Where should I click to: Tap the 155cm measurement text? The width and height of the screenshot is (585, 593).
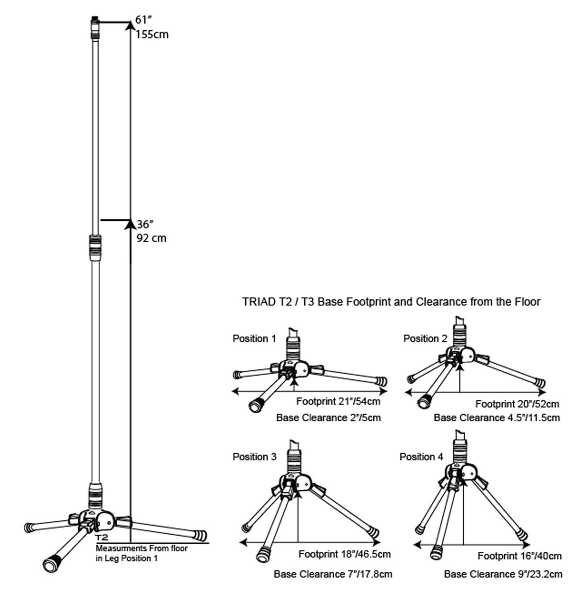(x=152, y=35)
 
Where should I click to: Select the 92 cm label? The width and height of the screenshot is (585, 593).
(x=151, y=238)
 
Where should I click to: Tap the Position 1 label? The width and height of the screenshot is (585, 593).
(x=254, y=338)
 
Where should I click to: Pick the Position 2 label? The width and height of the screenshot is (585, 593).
(x=425, y=338)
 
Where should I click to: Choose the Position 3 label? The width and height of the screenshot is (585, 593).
(x=254, y=457)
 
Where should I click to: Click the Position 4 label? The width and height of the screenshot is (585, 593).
(x=421, y=457)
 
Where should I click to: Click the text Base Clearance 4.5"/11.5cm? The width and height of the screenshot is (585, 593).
(x=496, y=418)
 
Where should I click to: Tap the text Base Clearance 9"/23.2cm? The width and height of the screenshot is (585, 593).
(x=503, y=574)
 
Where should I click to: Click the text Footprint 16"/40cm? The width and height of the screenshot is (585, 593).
(x=519, y=556)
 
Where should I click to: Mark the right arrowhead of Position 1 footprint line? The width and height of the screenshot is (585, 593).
(x=383, y=391)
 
